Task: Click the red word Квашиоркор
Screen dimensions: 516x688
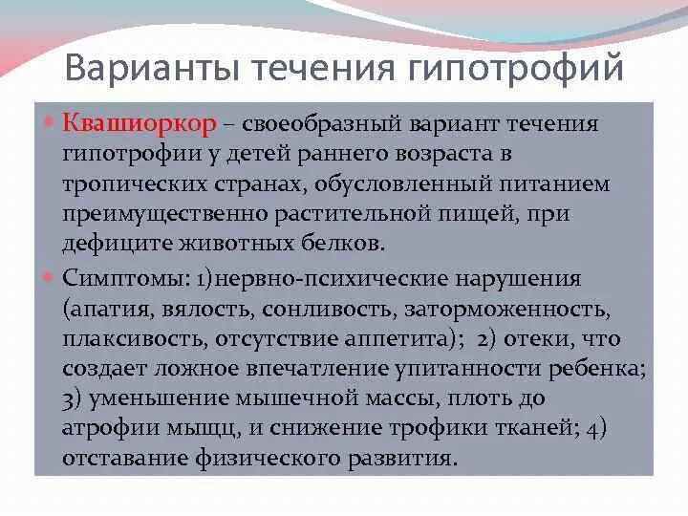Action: coord(140,124)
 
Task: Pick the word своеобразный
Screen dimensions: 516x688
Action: coord(324,124)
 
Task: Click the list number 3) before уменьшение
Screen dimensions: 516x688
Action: coord(73,398)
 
